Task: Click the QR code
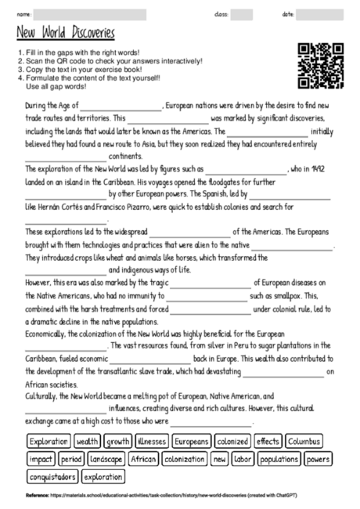pos(322,65)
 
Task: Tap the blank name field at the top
pos(90,14)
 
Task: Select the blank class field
pos(241,14)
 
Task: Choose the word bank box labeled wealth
pos(88,441)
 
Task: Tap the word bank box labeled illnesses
pos(151,441)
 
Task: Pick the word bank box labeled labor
pos(243,458)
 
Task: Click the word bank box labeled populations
pos(279,458)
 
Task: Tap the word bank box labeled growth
pos(118,441)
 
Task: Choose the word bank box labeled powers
pos(319,458)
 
